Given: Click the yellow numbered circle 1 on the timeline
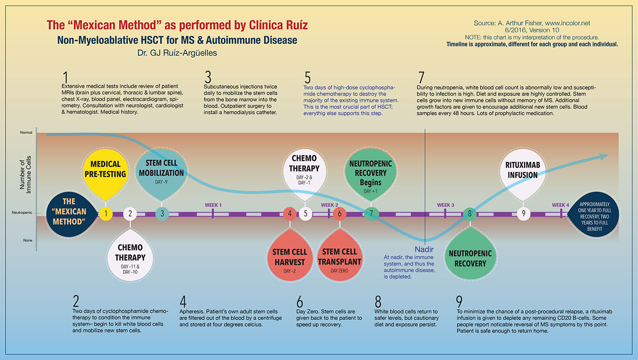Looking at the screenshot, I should tap(106, 213).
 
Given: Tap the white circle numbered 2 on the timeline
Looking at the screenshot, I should tap(130, 213).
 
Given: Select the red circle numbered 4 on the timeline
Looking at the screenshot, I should tap(289, 213).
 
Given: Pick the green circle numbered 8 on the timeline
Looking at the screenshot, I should tap(470, 213).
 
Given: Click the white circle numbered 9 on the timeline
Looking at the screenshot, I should tap(524, 213).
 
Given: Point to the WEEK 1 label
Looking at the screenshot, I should tap(213, 205).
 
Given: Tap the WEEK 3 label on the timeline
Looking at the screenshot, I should tap(445, 205).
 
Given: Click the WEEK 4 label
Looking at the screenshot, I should tap(561, 205).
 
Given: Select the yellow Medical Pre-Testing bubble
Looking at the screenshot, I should tap(106, 169).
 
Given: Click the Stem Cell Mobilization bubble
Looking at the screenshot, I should tap(161, 171).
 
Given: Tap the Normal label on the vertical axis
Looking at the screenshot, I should tap(26, 133).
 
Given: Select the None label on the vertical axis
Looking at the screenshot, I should tap(28, 240).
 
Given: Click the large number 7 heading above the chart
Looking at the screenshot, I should tap(421, 76).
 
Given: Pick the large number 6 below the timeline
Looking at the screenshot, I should tap(299, 302).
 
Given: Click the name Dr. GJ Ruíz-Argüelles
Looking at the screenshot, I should tap(177, 53).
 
